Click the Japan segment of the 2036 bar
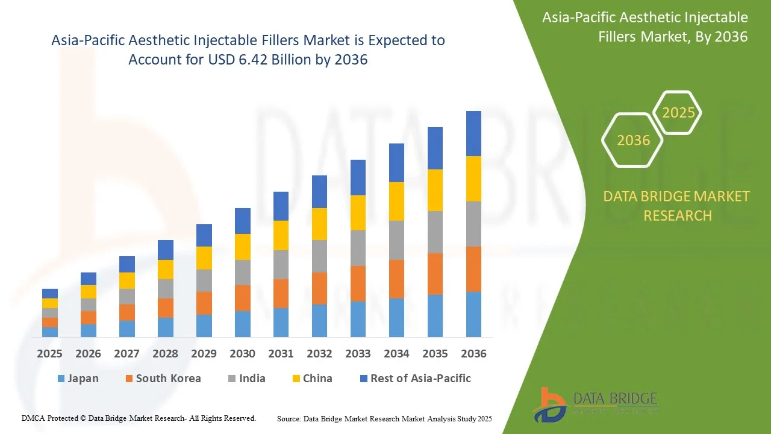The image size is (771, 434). [x=473, y=314]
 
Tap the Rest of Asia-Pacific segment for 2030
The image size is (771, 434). [x=242, y=221]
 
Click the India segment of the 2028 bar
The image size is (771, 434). [x=165, y=289]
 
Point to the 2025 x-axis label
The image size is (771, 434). [x=49, y=354]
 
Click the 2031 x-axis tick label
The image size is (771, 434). [x=281, y=354]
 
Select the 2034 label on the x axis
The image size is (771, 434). [x=396, y=354]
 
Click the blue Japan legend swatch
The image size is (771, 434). [x=61, y=379]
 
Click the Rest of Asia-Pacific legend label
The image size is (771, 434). [x=420, y=379]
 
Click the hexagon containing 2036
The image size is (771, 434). [x=633, y=140]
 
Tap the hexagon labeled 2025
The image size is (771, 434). [x=678, y=113]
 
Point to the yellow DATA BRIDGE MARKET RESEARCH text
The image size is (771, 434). [x=677, y=206]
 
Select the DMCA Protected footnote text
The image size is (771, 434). [x=139, y=418]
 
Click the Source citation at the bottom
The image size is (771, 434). [x=384, y=418]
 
